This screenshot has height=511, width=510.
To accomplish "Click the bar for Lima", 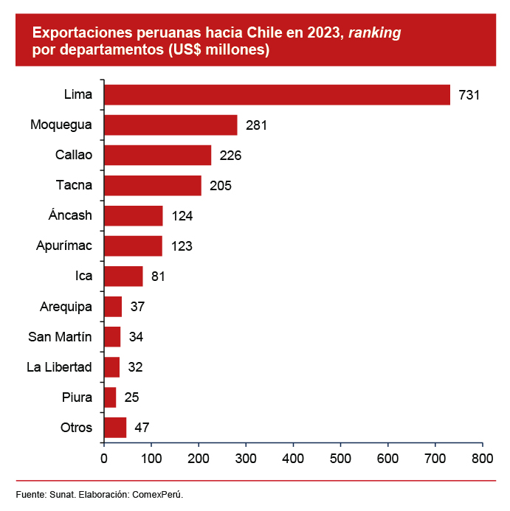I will click(277, 95).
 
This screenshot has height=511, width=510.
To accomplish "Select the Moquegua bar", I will click(170, 125).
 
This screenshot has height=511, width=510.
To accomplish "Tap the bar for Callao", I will click(157, 156).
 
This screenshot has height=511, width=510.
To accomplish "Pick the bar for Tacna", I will click(153, 186).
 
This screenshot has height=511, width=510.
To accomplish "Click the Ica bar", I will click(123, 277).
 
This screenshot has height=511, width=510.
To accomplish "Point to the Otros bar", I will click(115, 428).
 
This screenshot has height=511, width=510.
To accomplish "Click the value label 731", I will click(469, 95).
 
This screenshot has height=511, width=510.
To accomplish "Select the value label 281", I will click(255, 125).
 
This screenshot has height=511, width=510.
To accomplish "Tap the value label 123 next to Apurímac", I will click(181, 246).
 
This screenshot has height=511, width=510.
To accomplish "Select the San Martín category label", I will click(60, 337).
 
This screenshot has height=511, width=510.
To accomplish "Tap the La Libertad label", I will click(59, 367).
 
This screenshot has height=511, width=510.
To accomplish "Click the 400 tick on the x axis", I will click(293, 458).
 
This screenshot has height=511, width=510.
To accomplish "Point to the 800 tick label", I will click(482, 458).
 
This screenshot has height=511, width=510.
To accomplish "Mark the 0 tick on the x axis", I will click(104, 458).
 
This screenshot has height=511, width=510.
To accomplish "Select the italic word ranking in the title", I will click(374, 33).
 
